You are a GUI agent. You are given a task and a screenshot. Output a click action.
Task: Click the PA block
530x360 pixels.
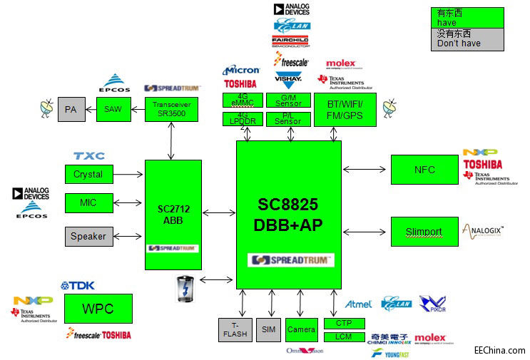point(71,110)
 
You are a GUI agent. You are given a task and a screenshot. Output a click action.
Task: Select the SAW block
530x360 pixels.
point(113,109)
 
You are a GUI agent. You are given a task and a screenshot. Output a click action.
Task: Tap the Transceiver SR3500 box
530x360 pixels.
point(171,109)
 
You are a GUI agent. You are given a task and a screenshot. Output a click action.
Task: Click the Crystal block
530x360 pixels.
point(88,174)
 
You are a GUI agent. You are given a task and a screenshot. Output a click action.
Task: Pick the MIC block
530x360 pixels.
point(88,203)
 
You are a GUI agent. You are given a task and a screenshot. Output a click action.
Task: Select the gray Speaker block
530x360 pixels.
point(88,236)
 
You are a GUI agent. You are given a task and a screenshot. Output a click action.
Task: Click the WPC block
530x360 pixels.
point(98,309)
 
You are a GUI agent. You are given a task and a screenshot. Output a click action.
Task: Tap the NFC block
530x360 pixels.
point(424,170)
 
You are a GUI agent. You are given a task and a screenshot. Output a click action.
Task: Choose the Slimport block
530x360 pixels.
point(424,232)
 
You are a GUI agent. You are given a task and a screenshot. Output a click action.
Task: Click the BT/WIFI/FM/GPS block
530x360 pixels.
point(345,110)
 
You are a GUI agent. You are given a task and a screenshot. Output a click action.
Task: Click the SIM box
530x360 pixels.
point(268,329)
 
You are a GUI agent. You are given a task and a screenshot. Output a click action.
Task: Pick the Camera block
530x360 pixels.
point(301,329)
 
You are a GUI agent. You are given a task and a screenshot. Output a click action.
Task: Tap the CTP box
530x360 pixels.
point(344,324)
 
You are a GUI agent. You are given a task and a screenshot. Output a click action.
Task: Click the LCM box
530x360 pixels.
point(344,336)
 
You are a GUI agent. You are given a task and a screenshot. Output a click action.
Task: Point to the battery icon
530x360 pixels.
point(184,289)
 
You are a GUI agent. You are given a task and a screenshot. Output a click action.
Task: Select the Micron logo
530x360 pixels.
point(241,71)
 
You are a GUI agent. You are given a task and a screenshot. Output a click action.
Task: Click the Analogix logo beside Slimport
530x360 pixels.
point(483,230)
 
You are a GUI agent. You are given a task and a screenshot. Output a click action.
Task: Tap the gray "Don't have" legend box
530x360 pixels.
point(467,39)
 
